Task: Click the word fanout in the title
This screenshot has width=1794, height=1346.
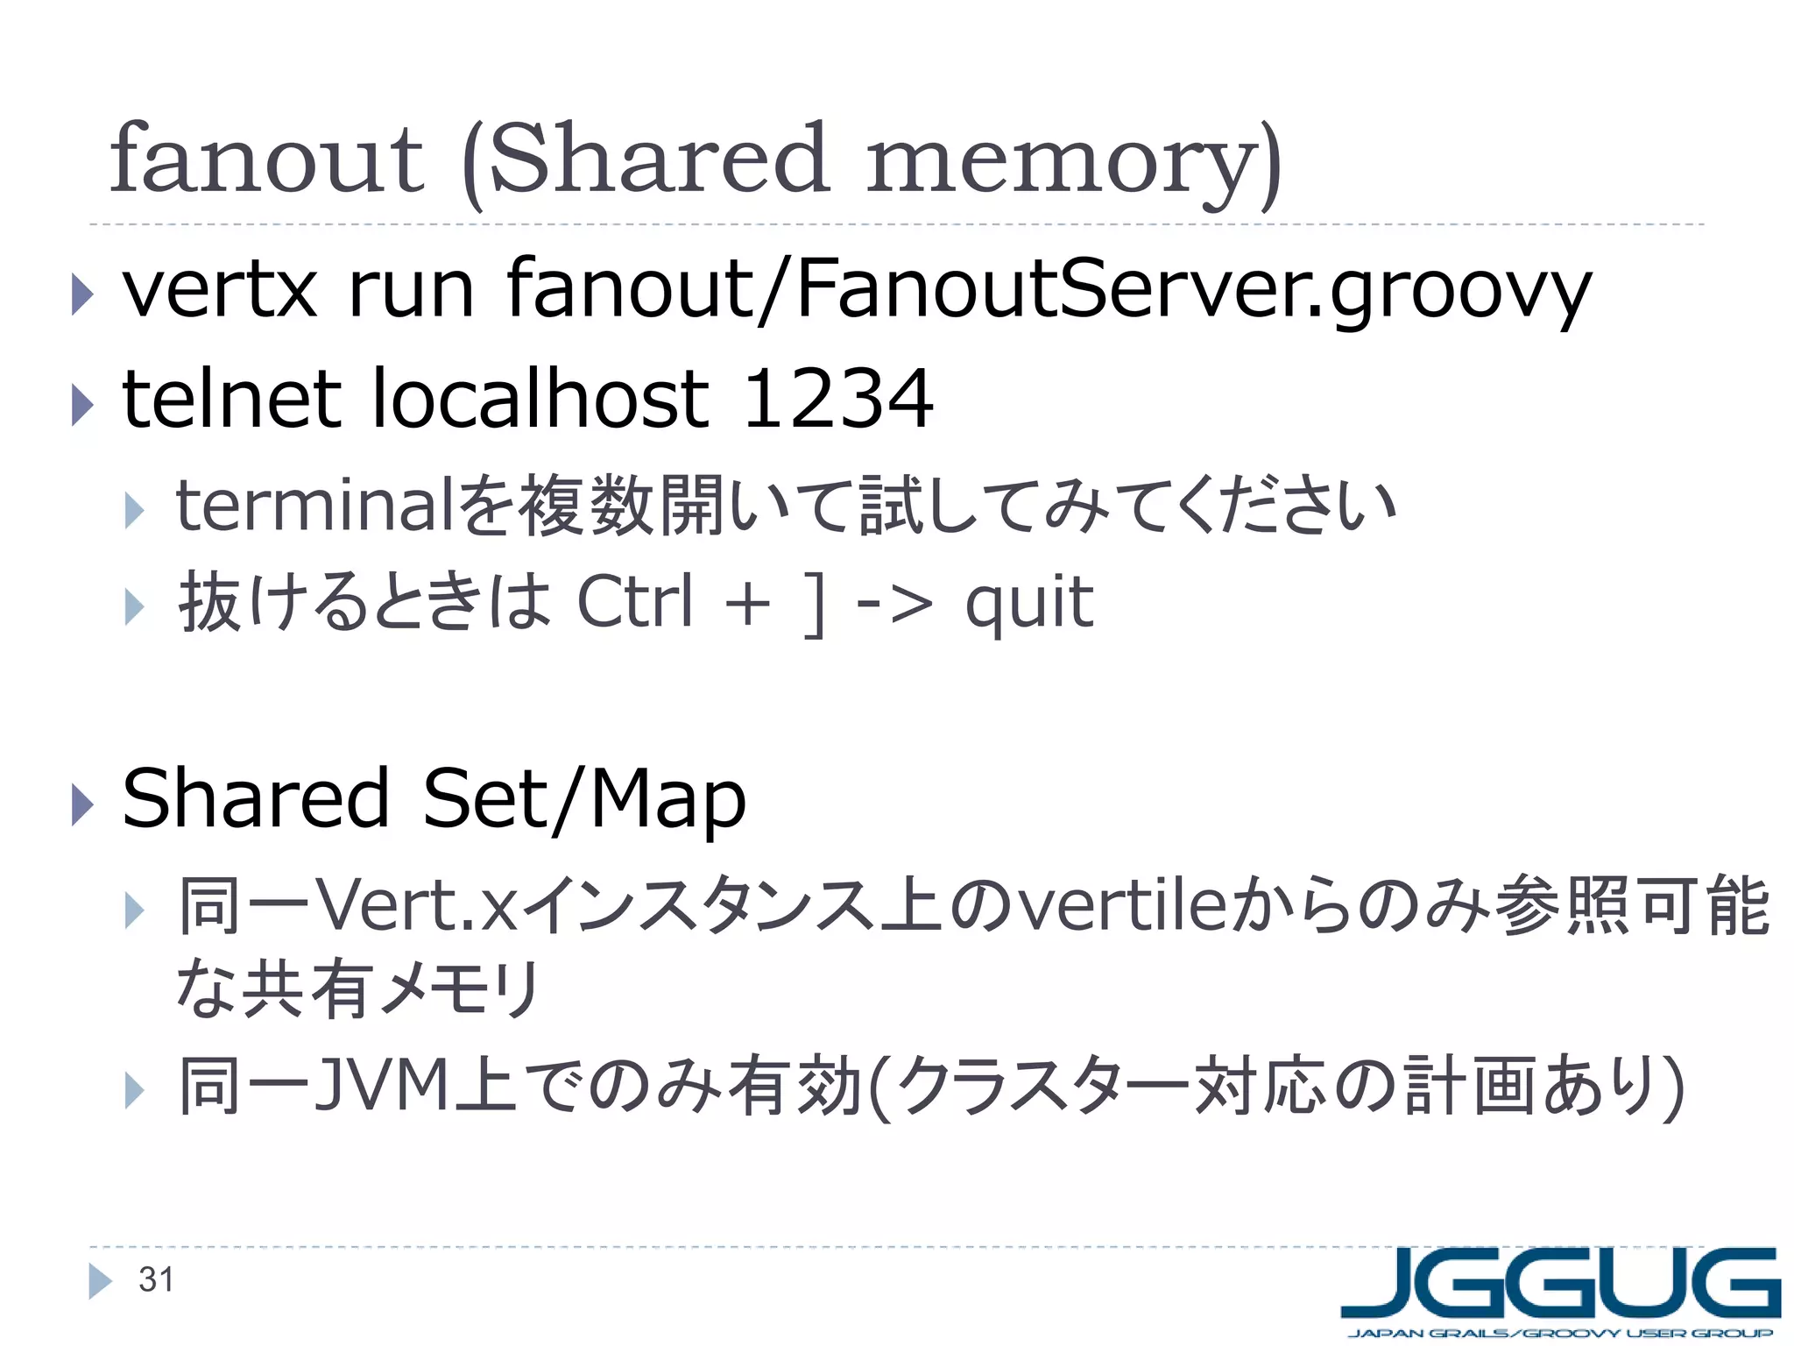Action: coord(266,159)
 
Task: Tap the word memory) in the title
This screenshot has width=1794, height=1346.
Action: coord(1074,162)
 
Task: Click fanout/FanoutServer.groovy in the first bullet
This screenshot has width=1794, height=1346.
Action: coord(1048,292)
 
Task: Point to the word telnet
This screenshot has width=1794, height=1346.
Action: coord(231,400)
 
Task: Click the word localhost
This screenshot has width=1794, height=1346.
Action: coord(540,400)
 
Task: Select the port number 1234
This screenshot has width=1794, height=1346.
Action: coord(837,400)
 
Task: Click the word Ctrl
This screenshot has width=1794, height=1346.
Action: coord(635,602)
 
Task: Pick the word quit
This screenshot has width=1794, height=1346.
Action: coord(1028,603)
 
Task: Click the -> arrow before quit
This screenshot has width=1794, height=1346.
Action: coord(893,604)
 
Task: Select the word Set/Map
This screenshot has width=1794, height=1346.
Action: coord(583,799)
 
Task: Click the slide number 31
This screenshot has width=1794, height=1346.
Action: coord(156,1280)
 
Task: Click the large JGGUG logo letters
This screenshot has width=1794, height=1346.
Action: coord(1559,1284)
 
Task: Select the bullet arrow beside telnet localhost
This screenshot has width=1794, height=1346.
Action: coord(81,404)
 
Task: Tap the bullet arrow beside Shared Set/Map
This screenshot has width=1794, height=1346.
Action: coord(81,804)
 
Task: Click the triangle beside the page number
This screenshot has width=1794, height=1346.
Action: coord(100,1281)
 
